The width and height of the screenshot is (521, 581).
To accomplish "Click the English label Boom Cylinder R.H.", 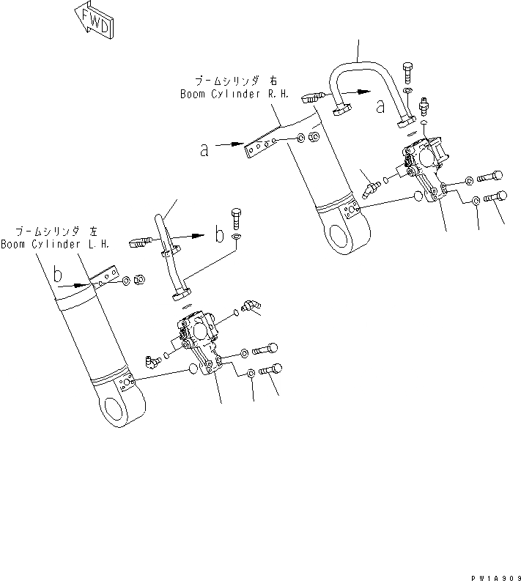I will click(224, 95).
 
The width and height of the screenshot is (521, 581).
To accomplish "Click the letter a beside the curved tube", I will click(380, 107).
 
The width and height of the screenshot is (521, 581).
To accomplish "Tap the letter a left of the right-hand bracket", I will click(204, 151).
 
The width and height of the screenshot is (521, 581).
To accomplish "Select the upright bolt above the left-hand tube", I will click(236, 216).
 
